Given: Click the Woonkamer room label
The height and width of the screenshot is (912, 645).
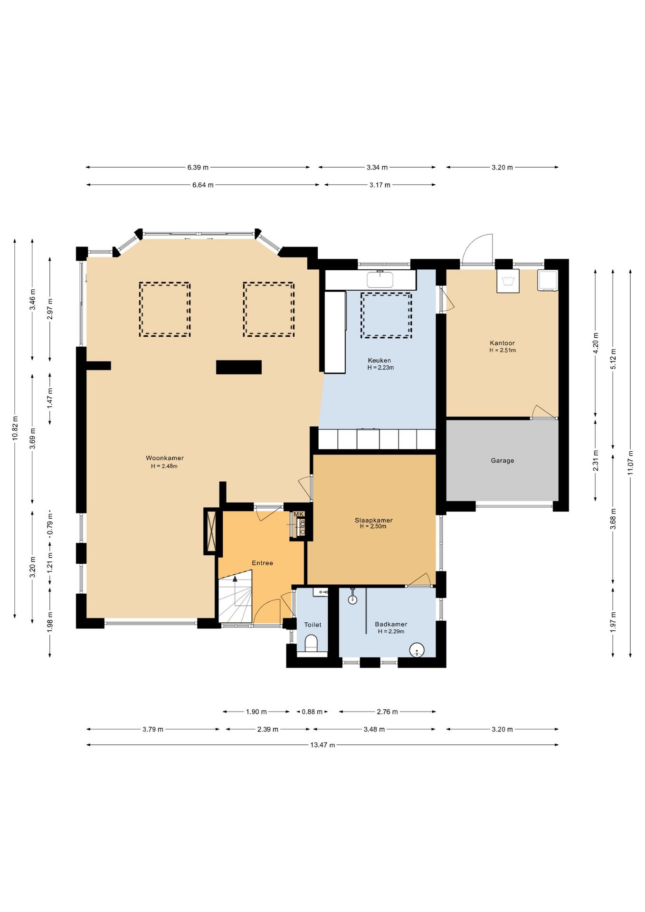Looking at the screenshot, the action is coord(165,458).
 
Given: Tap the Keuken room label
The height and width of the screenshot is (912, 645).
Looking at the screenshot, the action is coord(379,361).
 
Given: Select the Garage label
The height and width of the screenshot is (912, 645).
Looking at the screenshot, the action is coord(503,460).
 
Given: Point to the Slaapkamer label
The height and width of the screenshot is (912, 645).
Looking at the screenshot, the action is coord(374,520).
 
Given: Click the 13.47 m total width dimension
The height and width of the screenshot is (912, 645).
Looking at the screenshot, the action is coord(322,745).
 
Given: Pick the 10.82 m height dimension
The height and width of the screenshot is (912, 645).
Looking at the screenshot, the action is coord(15,428).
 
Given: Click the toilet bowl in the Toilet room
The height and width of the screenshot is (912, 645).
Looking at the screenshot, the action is coord(312,643).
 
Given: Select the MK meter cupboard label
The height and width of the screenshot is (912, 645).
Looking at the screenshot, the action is coord(298,514).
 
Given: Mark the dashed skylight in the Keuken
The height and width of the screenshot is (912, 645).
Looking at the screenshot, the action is coord(386,315).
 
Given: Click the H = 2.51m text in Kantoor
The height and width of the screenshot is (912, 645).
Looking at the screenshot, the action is coord(503,351).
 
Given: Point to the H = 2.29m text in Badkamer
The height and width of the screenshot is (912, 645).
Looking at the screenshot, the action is coord(391,631).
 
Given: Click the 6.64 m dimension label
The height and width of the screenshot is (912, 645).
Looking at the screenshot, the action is coord(203,185).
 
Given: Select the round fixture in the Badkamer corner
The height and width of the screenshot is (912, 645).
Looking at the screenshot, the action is coord(417,650).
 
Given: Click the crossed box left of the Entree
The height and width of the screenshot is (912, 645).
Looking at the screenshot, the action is coord(213,531).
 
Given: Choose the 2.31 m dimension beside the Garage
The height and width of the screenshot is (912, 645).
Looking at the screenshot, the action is coord(596,460).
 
